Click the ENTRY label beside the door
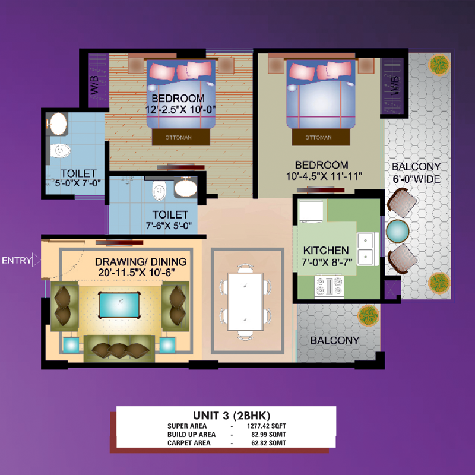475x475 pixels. pos(17,260)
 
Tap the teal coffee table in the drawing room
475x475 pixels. pos(119,305)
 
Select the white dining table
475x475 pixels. pos(245,302)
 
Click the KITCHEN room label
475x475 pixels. pos(326,250)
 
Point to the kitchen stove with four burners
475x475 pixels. pos(329,286)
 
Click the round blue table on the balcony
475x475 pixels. pos(397,231)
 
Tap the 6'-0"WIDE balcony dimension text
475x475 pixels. pos(417,179)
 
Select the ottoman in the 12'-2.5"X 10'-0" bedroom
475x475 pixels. pos(181,137)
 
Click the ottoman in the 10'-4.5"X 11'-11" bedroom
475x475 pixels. pos(321,137)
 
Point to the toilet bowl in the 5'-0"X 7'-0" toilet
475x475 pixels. pos(60,151)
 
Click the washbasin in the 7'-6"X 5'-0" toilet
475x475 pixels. pos(186,188)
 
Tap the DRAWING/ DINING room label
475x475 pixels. pos(141,262)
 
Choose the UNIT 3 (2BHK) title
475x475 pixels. pos(232,415)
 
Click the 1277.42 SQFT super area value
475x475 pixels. pos(266,426)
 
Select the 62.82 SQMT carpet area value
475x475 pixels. pos(269,443)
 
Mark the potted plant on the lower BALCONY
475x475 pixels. pos(368,315)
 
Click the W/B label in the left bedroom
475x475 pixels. pos(94,85)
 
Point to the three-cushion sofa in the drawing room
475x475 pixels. pos(119,349)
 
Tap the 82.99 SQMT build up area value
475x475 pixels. pos(269,435)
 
